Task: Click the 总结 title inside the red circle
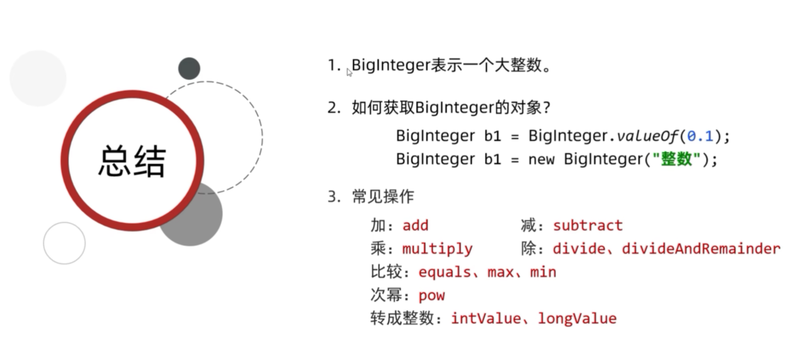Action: tap(132, 161)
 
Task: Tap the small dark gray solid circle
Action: tap(189, 69)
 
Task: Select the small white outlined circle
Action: tap(64, 243)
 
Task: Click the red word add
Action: tap(415, 225)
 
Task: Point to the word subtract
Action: tap(588, 225)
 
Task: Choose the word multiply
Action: tap(437, 249)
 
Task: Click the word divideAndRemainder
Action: tap(701, 249)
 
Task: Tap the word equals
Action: tap(444, 272)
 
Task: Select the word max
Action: tap(500, 272)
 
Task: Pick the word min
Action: tap(543, 272)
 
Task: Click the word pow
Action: tap(431, 296)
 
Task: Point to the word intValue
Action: tap(486, 319)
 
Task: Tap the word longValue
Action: tap(577, 319)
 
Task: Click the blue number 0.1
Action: tap(700, 136)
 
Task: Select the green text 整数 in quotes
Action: tap(676, 159)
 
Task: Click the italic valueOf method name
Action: tap(647, 136)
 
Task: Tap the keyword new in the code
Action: tap(541, 160)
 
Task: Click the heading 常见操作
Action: tap(383, 196)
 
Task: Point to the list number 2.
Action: tap(333, 107)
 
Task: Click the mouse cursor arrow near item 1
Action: tap(349, 73)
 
